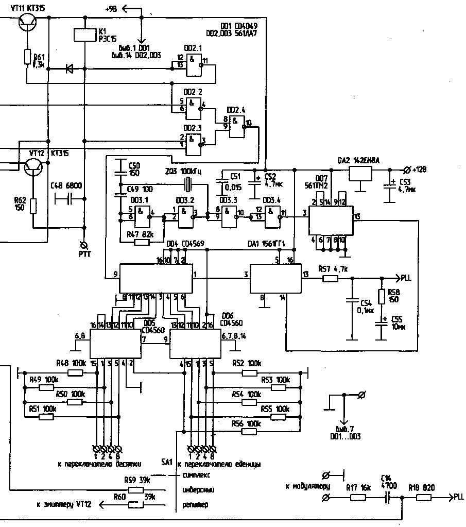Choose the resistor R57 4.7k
point(330,279)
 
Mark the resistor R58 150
point(382,297)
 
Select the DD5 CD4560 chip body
point(116,344)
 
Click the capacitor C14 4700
point(387,498)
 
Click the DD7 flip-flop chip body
point(331,220)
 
